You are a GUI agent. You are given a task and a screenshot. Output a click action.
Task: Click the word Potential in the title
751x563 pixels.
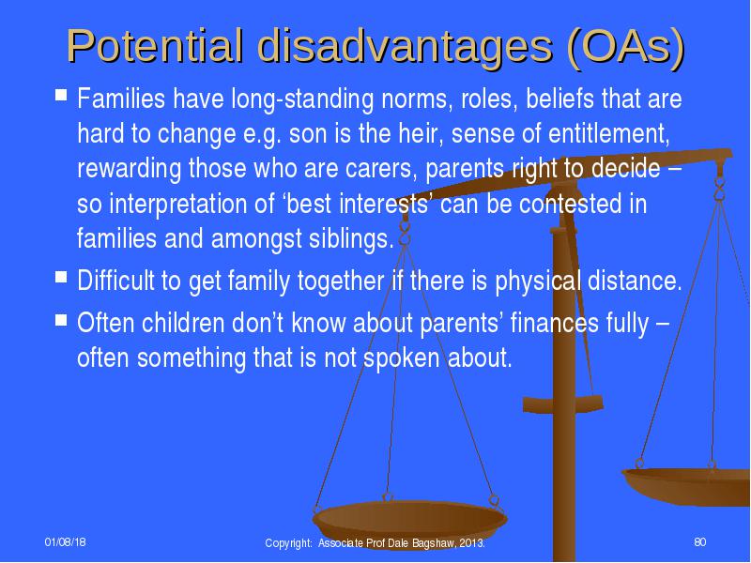[x=154, y=46]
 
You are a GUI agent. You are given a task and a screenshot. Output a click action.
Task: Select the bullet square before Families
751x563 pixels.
[x=61, y=94]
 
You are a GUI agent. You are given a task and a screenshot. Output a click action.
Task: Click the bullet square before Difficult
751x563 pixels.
[x=61, y=277]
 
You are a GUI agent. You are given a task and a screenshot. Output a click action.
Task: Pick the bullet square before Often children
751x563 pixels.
[x=61, y=319]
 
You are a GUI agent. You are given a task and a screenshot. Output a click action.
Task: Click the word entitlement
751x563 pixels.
[x=608, y=133]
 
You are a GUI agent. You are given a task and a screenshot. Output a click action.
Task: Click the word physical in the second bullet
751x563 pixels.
[x=537, y=281]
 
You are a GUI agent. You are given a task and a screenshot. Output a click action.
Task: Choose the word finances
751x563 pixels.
[x=554, y=323]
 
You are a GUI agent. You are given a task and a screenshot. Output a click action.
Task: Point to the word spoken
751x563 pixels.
[x=402, y=358]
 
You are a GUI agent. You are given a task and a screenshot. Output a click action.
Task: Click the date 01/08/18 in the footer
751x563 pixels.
[x=66, y=541]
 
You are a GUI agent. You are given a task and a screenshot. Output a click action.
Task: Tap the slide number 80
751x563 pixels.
[x=699, y=541]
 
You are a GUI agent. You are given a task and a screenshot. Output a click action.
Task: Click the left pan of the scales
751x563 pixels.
[x=409, y=520]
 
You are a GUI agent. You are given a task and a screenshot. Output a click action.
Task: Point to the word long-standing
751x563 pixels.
[x=302, y=99]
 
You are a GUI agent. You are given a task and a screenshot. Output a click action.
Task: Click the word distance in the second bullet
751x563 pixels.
[x=635, y=281]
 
